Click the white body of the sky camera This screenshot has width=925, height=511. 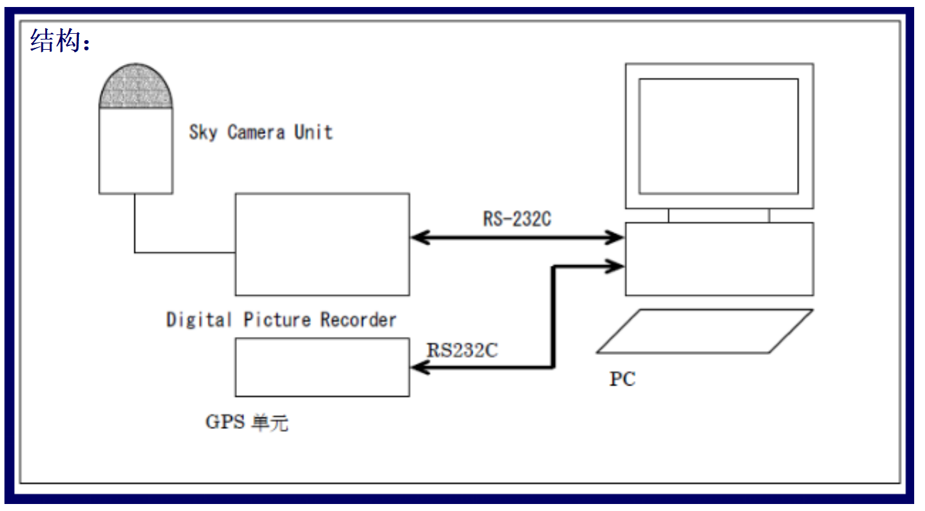(136, 150)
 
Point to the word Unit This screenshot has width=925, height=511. (313, 132)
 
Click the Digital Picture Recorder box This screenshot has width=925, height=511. (322, 245)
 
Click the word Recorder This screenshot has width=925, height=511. (358, 319)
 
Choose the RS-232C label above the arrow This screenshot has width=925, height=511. (517, 220)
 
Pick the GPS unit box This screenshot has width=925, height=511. (322, 367)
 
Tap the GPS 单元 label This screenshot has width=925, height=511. (247, 422)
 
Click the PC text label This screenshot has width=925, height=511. (622, 379)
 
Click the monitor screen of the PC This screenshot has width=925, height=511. (719, 136)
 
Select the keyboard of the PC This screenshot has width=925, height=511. (705, 331)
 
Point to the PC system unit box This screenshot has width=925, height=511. (719, 259)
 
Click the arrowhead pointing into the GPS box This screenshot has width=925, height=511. (419, 367)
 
